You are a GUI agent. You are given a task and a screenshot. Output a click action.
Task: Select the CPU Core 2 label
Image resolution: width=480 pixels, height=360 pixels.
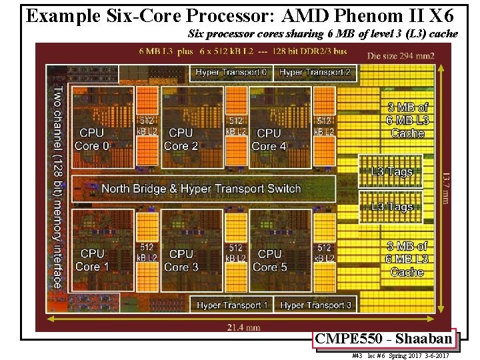click(181, 139)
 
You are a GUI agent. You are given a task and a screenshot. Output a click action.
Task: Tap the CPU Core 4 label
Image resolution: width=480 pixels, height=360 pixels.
click(269, 139)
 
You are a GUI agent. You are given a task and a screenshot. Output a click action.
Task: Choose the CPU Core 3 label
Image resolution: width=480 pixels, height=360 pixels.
click(181, 260)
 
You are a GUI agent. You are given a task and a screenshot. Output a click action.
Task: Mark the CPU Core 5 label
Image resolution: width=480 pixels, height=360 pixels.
click(269, 260)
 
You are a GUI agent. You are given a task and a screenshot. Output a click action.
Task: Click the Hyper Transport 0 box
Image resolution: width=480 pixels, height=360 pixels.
click(231, 72)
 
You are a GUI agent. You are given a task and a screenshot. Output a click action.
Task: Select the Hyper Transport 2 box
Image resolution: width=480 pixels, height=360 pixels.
click(315, 72)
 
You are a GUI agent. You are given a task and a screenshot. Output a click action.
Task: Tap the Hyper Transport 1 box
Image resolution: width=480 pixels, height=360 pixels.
click(232, 305)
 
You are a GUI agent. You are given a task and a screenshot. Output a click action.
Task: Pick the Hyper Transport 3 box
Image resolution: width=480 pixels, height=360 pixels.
click(316, 305)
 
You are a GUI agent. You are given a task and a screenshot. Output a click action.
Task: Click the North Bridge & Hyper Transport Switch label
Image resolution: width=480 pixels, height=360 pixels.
click(201, 189)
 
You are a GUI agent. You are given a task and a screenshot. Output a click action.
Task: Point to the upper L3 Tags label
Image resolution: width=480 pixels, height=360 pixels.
click(391, 172)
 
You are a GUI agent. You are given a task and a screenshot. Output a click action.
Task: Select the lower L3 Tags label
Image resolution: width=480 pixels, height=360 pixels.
click(391, 207)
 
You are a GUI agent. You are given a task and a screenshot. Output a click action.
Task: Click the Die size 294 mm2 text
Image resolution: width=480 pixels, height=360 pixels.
click(401, 56)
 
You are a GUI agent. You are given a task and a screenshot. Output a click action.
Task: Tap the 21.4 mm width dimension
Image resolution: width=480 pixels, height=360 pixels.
click(243, 327)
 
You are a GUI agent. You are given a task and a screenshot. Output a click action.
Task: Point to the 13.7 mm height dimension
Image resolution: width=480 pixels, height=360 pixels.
click(445, 187)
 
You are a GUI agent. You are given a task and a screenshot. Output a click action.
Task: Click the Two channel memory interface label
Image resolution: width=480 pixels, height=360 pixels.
click(58, 186)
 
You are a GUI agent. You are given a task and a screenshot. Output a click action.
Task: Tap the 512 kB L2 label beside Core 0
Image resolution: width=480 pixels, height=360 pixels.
click(147, 126)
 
